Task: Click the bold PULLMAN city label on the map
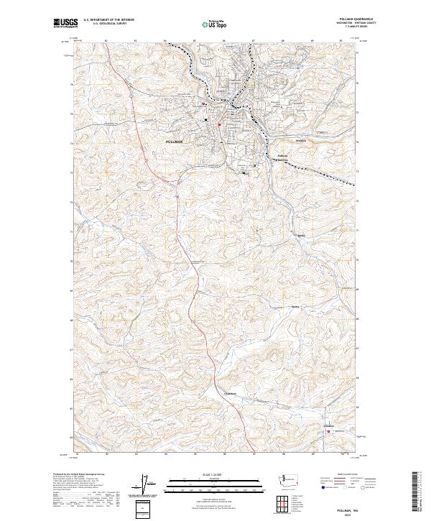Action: [x=175, y=142]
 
